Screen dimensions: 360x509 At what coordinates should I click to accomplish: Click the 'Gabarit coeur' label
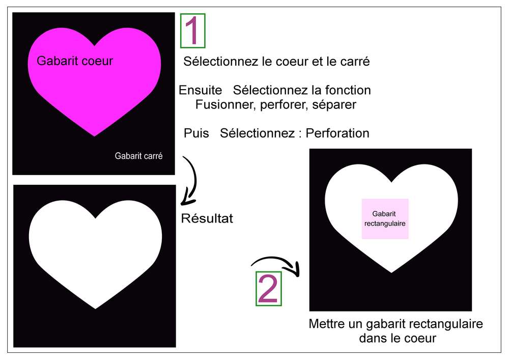click(75, 61)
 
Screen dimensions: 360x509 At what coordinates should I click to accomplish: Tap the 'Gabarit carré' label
click(138, 156)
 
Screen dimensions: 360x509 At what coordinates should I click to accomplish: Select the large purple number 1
click(192, 32)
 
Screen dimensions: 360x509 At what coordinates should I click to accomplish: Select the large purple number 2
click(268, 289)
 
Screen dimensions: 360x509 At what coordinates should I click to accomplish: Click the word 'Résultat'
click(207, 219)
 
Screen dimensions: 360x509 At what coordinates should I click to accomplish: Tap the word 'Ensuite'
click(200, 91)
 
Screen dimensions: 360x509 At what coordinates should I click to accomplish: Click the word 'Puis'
click(196, 133)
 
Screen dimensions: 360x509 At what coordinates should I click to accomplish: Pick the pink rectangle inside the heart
click(385, 218)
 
